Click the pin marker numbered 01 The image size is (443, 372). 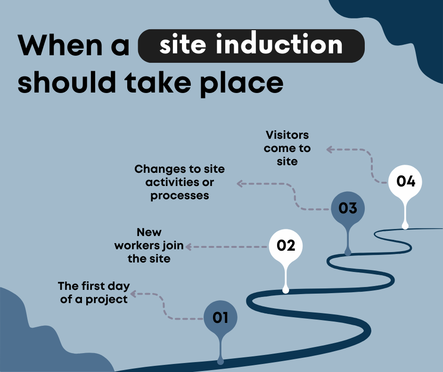pyautogui.click(x=220, y=318)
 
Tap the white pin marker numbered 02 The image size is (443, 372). pyautogui.click(x=286, y=246)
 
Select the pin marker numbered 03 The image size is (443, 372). pyautogui.click(x=348, y=208)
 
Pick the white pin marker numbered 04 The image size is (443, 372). pyautogui.click(x=405, y=182)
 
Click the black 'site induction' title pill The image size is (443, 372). pyautogui.click(x=251, y=45)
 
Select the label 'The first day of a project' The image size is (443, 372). pyautogui.click(x=94, y=293)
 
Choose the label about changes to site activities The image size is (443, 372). pyautogui.click(x=180, y=182)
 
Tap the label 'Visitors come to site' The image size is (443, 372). pyautogui.click(x=287, y=148)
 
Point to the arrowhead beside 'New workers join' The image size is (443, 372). pyautogui.click(x=188, y=246)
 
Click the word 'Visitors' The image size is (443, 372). pyautogui.click(x=287, y=135)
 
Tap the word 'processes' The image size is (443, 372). pyautogui.click(x=180, y=195)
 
